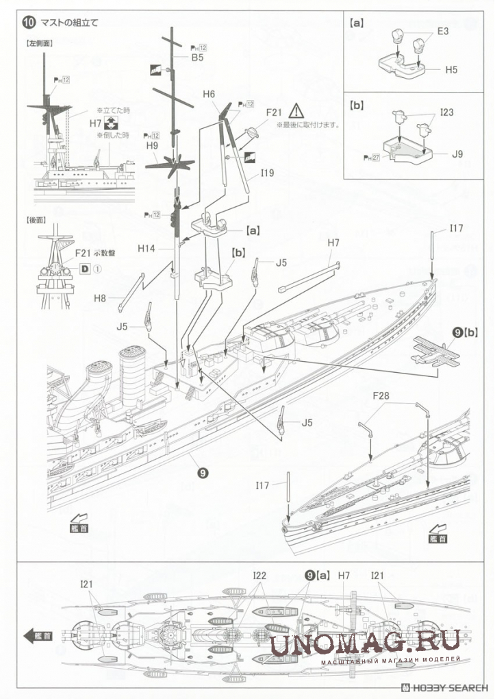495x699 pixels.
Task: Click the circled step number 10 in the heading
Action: click(28, 22)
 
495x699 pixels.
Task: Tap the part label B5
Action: click(197, 59)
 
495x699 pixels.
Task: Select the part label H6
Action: click(210, 94)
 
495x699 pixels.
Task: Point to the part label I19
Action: click(266, 173)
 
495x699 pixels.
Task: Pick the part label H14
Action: click(147, 248)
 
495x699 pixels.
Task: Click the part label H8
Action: click(101, 298)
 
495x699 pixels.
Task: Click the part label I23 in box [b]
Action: click(447, 111)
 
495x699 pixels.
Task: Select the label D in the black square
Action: click(85, 269)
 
